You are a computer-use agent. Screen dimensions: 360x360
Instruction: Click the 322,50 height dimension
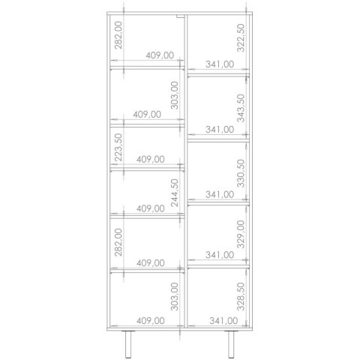coord(241,37)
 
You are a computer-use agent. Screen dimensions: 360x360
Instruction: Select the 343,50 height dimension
coord(241,108)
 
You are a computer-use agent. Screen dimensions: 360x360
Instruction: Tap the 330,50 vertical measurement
coord(241,173)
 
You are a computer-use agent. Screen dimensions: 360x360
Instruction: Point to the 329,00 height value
coord(241,234)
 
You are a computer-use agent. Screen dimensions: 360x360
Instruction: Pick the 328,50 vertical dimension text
coord(241,296)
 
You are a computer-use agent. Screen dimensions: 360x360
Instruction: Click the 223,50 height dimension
coord(118,147)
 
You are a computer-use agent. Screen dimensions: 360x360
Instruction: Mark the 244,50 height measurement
coord(175,193)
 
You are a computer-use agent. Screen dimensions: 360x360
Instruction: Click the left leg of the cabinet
coord(128,344)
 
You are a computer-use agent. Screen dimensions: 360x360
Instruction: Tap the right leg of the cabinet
coord(231,344)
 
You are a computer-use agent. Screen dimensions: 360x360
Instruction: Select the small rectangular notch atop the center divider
coord(180,16)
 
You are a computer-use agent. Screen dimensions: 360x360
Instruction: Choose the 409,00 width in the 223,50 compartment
coord(151,159)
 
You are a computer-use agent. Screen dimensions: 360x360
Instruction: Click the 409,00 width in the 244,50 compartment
coord(151,208)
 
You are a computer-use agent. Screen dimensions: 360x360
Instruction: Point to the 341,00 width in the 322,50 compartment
coord(220,64)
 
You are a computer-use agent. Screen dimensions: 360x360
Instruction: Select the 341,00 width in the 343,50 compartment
coord(220,130)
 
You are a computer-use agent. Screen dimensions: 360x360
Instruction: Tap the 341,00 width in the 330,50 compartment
coord(220,194)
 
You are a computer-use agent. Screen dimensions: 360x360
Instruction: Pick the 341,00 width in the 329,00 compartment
coord(220,255)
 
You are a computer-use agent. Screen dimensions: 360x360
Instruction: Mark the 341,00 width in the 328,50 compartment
coord(223,321)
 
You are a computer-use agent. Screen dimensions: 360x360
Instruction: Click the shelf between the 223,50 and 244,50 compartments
coord(147,169)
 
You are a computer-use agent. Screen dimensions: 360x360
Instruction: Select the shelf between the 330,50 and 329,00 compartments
coord(218,204)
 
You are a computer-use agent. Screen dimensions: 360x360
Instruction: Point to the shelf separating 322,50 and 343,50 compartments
coord(218,75)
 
